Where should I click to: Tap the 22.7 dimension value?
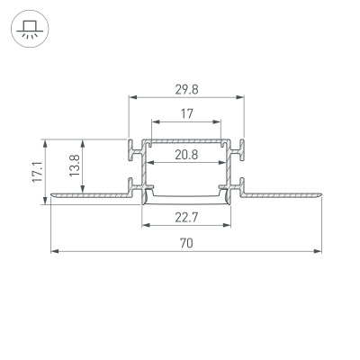tap(187, 216)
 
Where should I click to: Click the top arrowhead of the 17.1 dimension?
tap(43, 141)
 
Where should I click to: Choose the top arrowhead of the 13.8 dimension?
tap(84, 141)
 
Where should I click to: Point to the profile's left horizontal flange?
tap(90, 192)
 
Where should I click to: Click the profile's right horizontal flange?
tap(283, 192)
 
